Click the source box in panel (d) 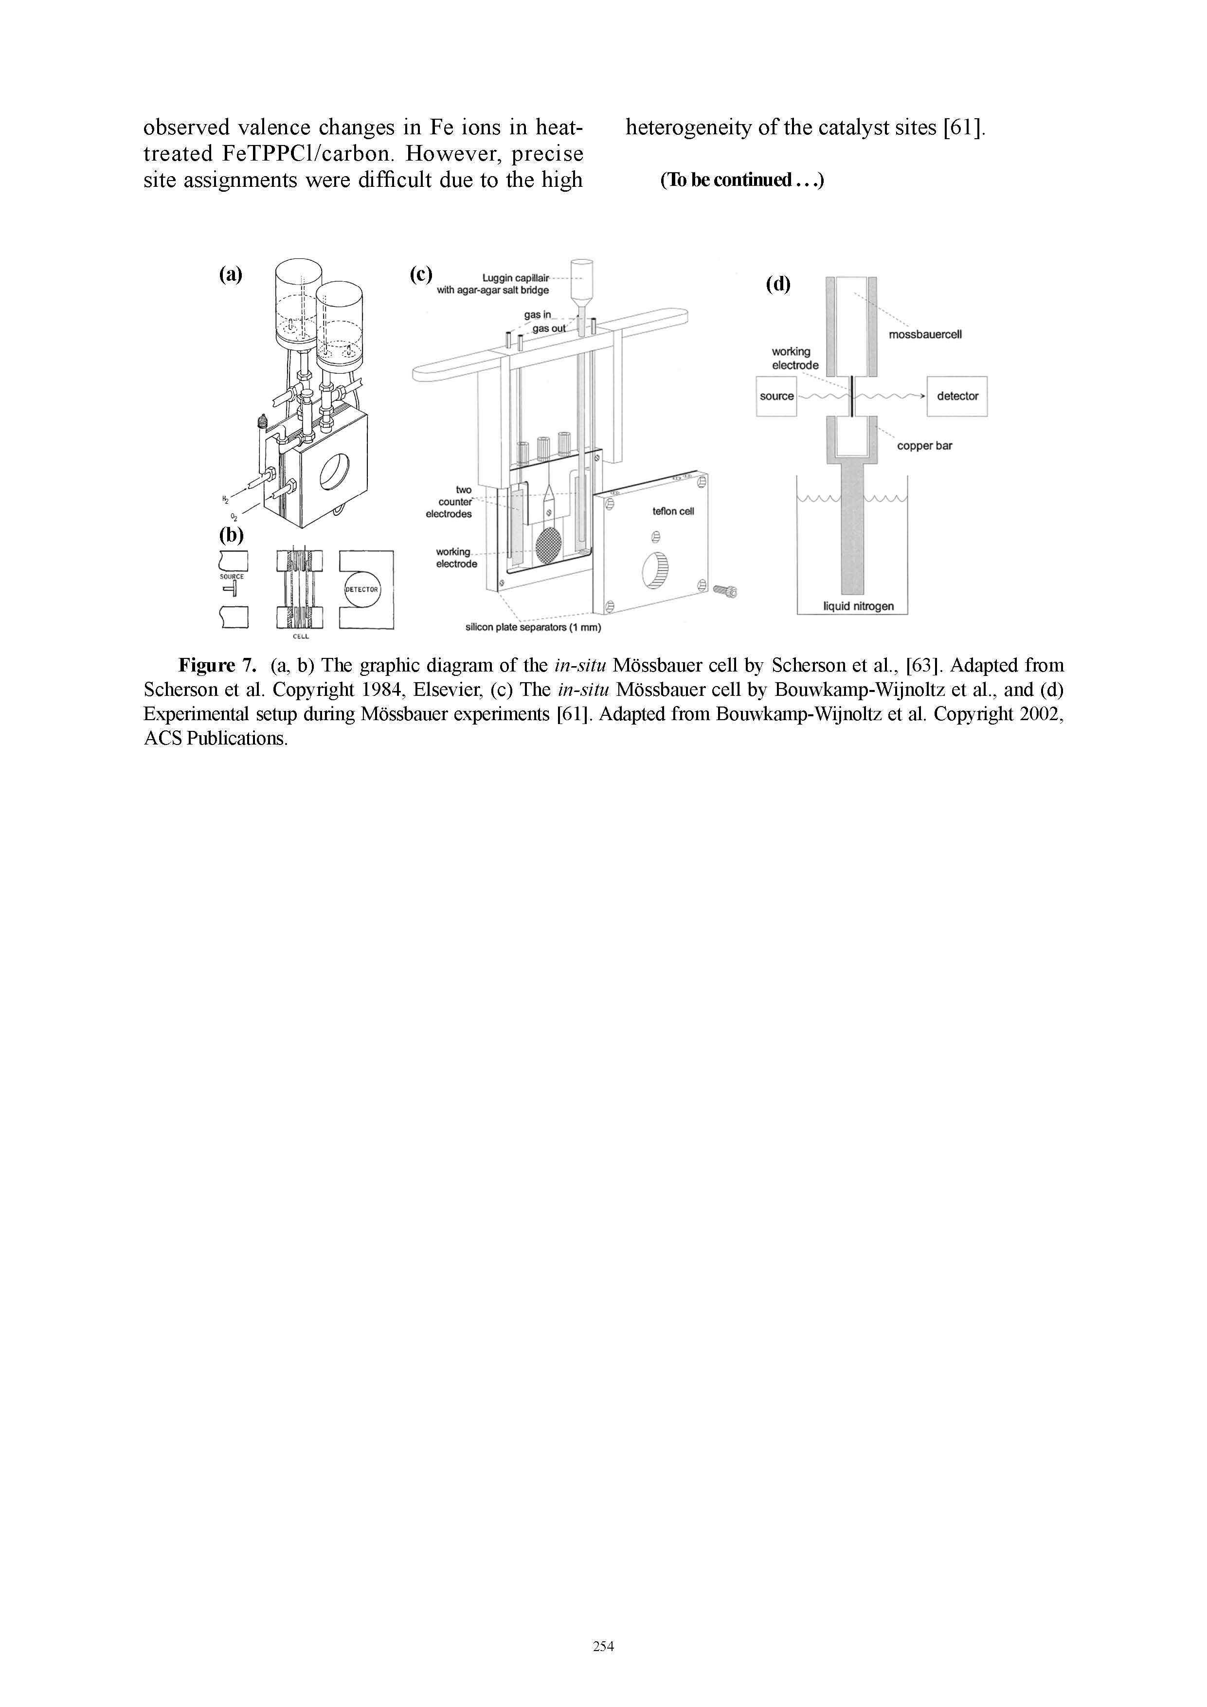776,396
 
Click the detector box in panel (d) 957,396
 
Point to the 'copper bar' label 924,446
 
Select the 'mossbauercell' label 925,335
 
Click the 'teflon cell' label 673,511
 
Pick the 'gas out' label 548,328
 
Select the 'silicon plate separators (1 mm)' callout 533,628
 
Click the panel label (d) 779,284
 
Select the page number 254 603,1646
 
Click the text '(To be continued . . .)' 742,181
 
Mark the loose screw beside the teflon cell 725,591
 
